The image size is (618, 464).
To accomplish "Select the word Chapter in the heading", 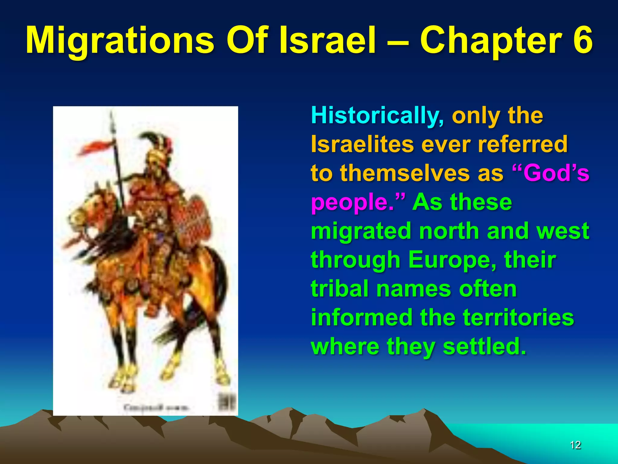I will pos(491,41).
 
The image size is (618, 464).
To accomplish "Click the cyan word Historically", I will pos(377,116).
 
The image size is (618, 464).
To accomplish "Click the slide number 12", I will pos(575,445).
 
